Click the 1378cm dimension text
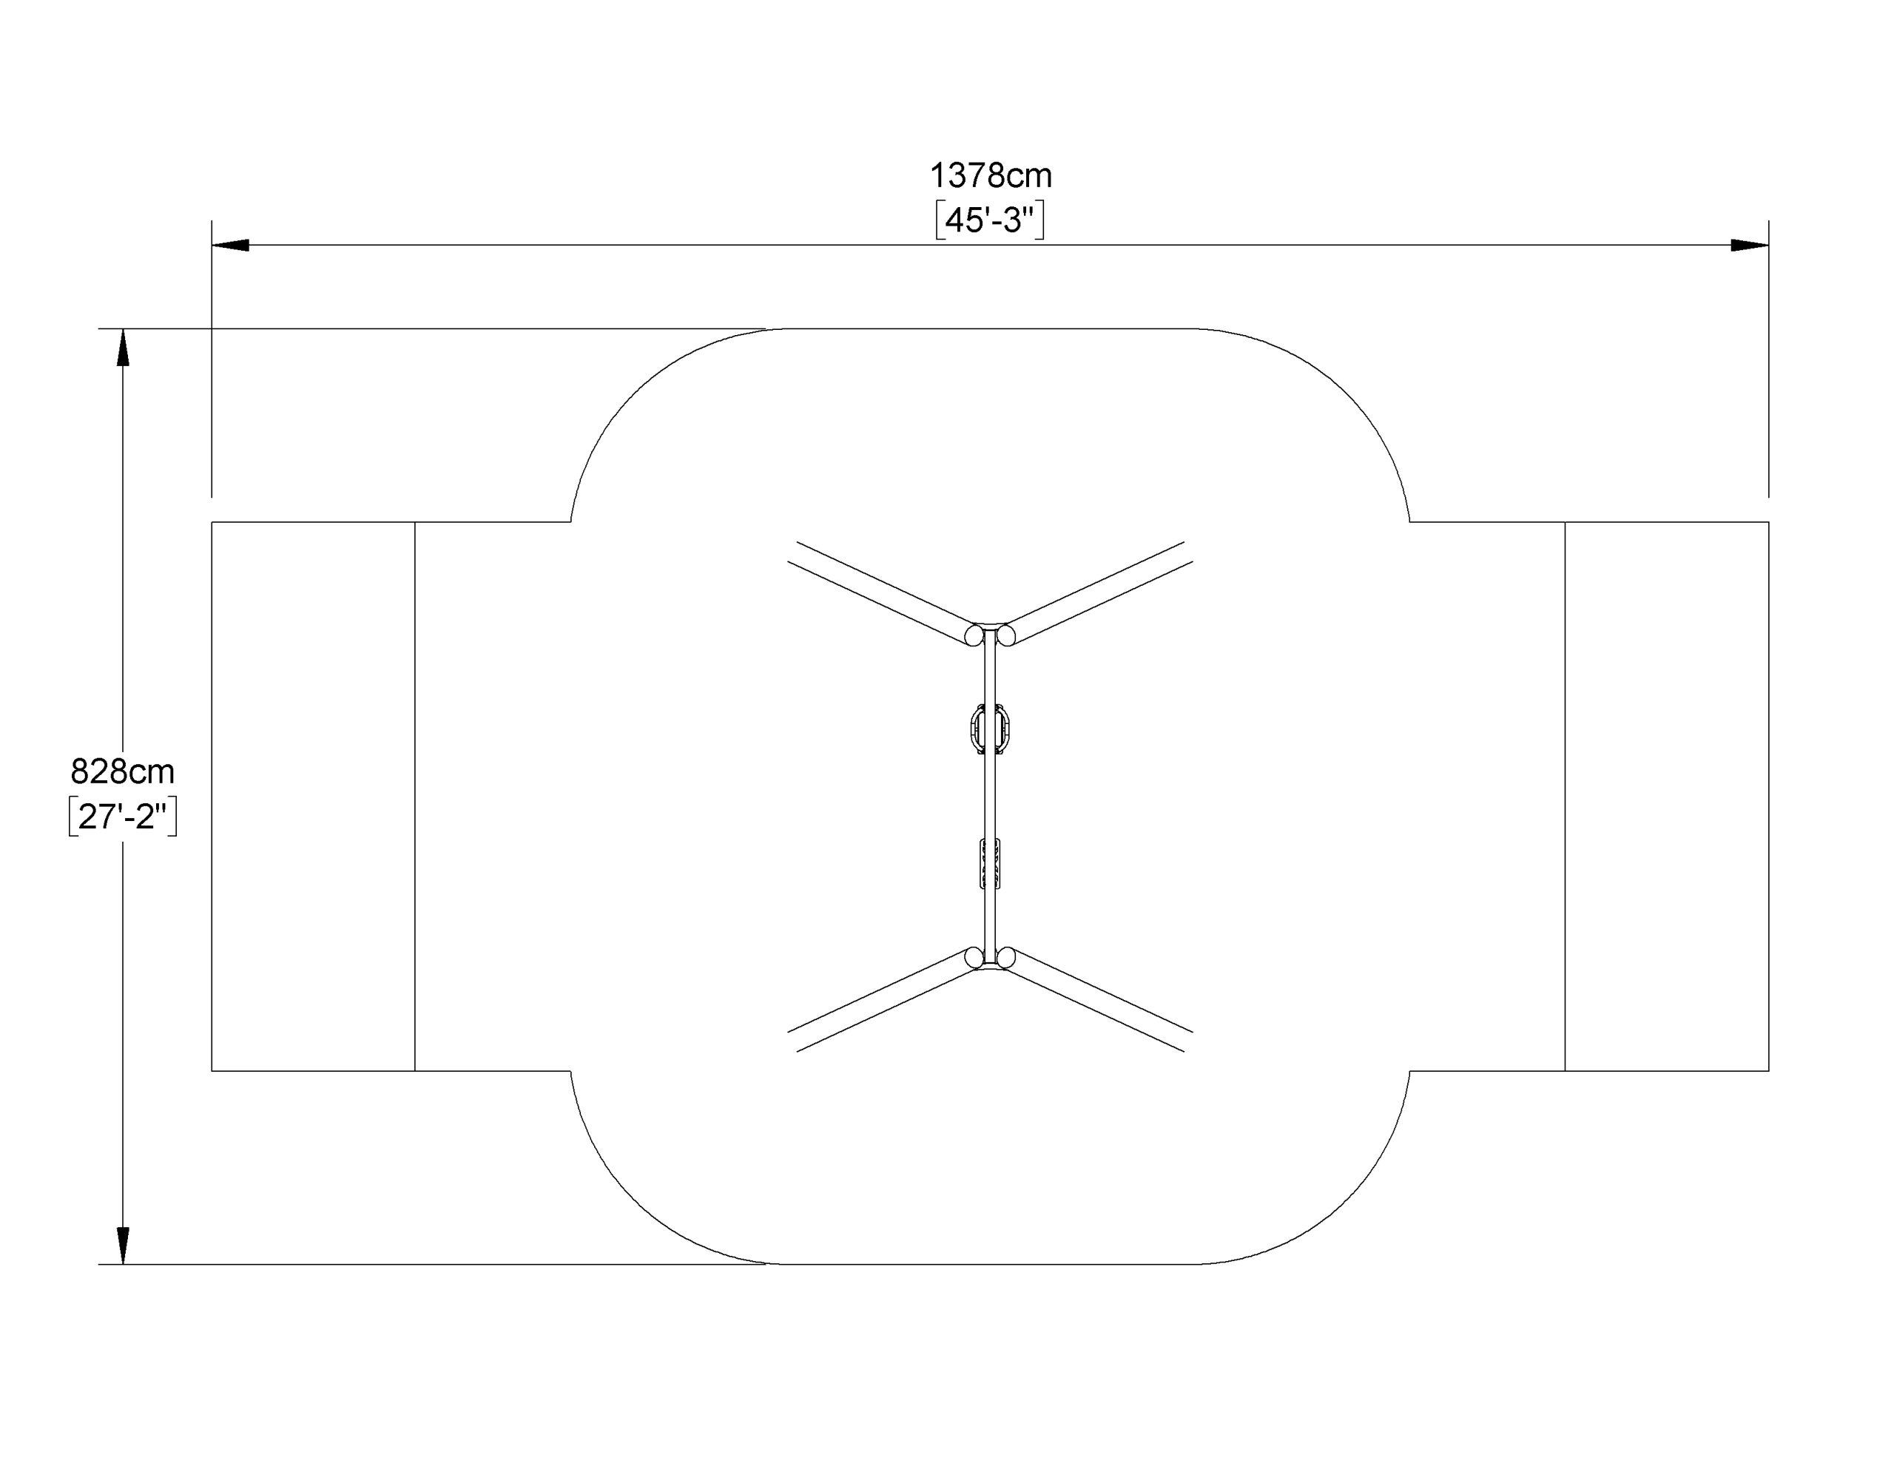point(991,176)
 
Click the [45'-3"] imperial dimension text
point(991,220)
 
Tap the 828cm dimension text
point(122,771)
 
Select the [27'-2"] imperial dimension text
point(122,816)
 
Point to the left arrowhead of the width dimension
point(231,246)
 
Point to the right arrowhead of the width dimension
point(1750,246)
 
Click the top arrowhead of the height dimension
point(123,348)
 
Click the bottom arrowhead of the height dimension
point(123,1246)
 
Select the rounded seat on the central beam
point(991,730)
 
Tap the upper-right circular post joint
point(1006,635)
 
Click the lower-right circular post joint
point(1006,957)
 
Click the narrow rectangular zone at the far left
point(314,796)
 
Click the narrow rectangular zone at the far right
point(1667,796)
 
